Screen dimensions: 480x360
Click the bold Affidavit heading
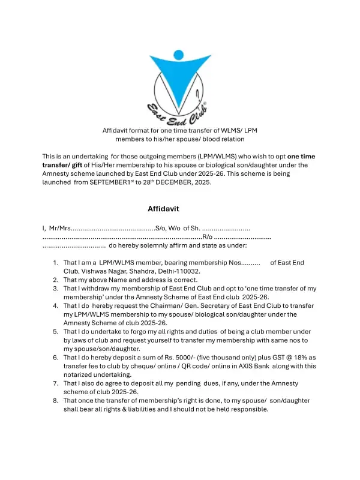(x=163, y=209)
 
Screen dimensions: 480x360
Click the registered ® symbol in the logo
(x=205, y=104)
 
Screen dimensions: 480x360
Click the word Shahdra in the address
(x=140, y=271)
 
